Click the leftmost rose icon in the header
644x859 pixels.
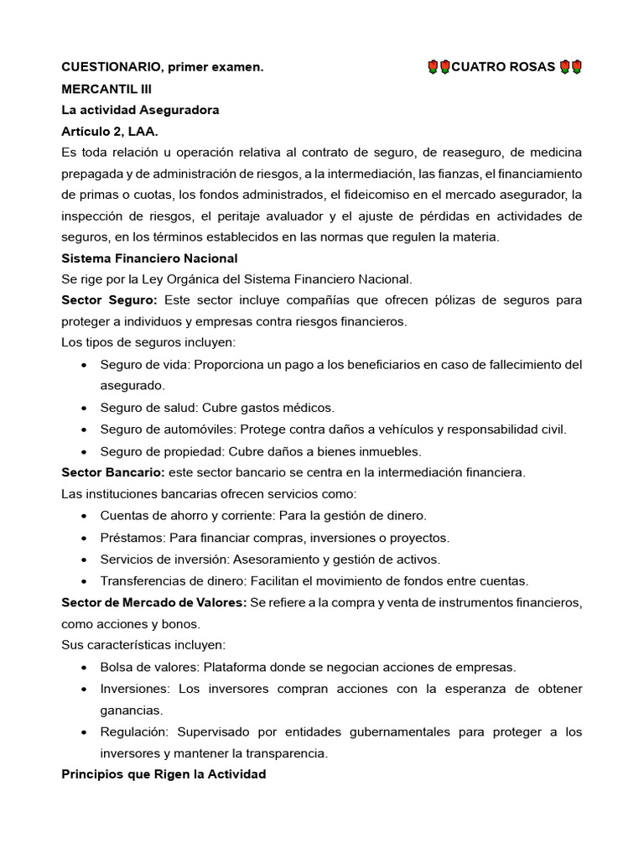[433, 66]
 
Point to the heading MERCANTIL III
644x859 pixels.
[106, 88]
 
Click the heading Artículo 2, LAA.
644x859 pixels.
[109, 132]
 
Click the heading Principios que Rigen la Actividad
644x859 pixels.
[164, 774]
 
